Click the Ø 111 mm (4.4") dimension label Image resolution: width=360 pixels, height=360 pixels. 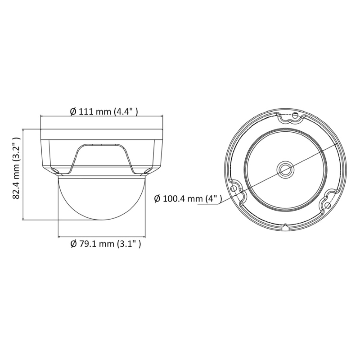(x=104, y=112)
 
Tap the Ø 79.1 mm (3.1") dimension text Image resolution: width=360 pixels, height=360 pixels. (x=106, y=244)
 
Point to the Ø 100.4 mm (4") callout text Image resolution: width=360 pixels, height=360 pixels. (x=188, y=199)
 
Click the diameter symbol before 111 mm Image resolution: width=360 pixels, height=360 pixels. (x=73, y=112)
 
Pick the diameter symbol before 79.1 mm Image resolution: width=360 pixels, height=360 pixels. (x=73, y=244)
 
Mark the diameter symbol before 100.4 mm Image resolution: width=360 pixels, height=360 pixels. (x=157, y=199)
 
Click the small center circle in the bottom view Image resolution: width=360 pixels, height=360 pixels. (x=285, y=169)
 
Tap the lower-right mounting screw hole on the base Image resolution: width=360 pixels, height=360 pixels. (x=328, y=205)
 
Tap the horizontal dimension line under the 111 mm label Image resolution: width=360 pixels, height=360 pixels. (x=101, y=116)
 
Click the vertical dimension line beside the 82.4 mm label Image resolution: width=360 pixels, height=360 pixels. (x=23, y=174)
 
